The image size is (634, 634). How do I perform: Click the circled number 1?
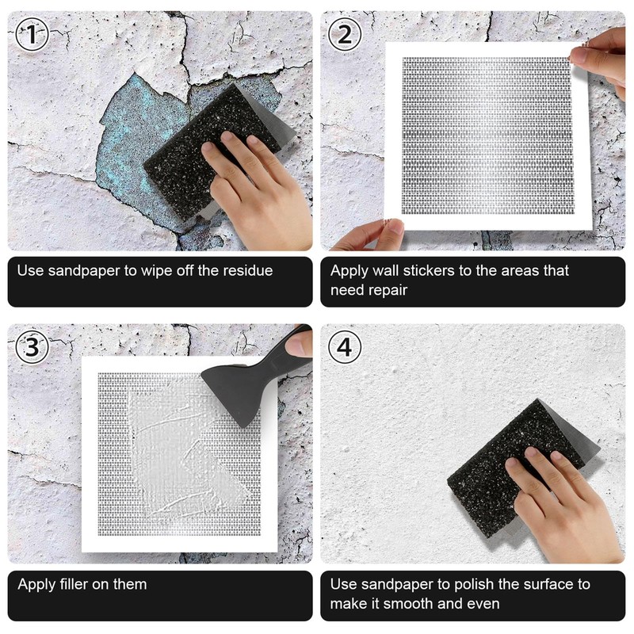pyautogui.click(x=32, y=34)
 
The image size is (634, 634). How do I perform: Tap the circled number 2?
pyautogui.click(x=345, y=34)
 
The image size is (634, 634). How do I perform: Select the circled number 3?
pyautogui.click(x=32, y=347)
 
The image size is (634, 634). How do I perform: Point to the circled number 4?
pyautogui.click(x=345, y=347)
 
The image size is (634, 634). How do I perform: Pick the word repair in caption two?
pyautogui.click(x=388, y=290)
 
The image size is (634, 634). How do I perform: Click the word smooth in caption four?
pyautogui.click(x=408, y=604)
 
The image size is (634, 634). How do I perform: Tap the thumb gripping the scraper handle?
pyautogui.click(x=299, y=343)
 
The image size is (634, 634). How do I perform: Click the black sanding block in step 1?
pyautogui.click(x=210, y=151)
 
